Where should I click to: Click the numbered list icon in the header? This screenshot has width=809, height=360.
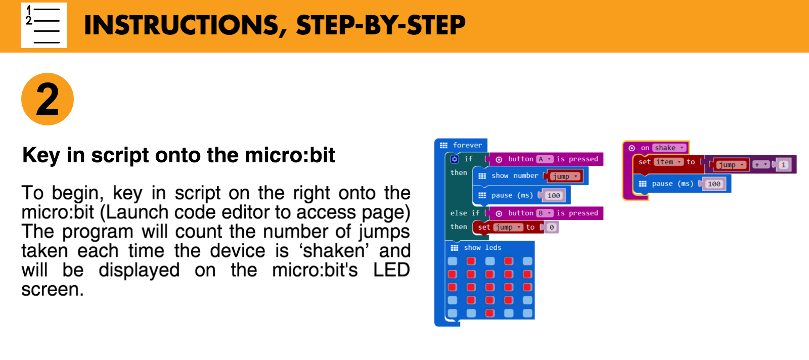point(44,25)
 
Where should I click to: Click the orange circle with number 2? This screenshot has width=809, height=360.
point(48,99)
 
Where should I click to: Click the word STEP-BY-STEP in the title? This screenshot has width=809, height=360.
point(381,26)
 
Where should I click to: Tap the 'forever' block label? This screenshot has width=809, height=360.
point(467,145)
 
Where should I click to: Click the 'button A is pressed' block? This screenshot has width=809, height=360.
point(546,159)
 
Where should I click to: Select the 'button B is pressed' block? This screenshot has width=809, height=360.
point(546,213)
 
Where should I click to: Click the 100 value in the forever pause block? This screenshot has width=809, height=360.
point(554,196)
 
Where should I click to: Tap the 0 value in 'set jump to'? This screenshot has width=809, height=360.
point(552,228)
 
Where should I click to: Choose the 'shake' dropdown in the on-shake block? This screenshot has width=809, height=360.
point(668,148)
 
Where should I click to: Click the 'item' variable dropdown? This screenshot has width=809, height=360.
point(668,162)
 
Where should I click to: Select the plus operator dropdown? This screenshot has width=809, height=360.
point(760,165)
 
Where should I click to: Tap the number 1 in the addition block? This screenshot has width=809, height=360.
point(784,165)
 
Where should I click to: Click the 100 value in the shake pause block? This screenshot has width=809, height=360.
point(714,184)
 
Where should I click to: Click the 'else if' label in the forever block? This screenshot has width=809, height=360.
point(465,213)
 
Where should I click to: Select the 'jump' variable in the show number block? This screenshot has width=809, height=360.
point(564,176)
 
